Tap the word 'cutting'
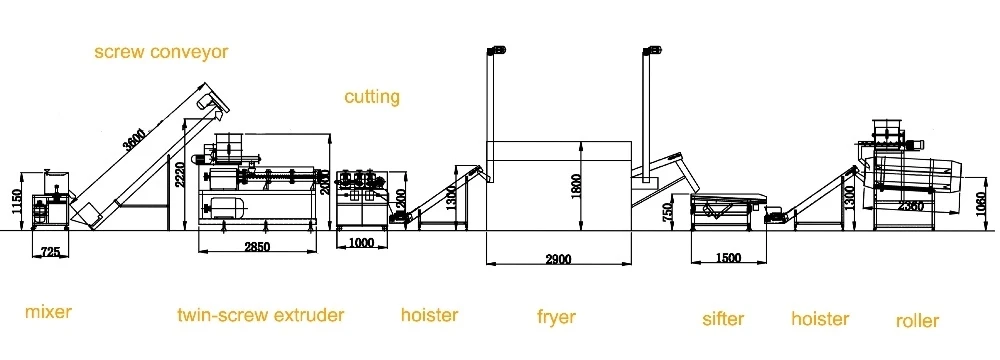(372, 97)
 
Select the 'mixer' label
(49, 313)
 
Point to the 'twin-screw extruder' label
(260, 315)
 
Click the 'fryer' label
(556, 317)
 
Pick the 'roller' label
(917, 321)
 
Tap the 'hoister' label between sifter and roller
(820, 319)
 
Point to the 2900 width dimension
(558, 260)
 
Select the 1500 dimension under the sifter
(729, 258)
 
